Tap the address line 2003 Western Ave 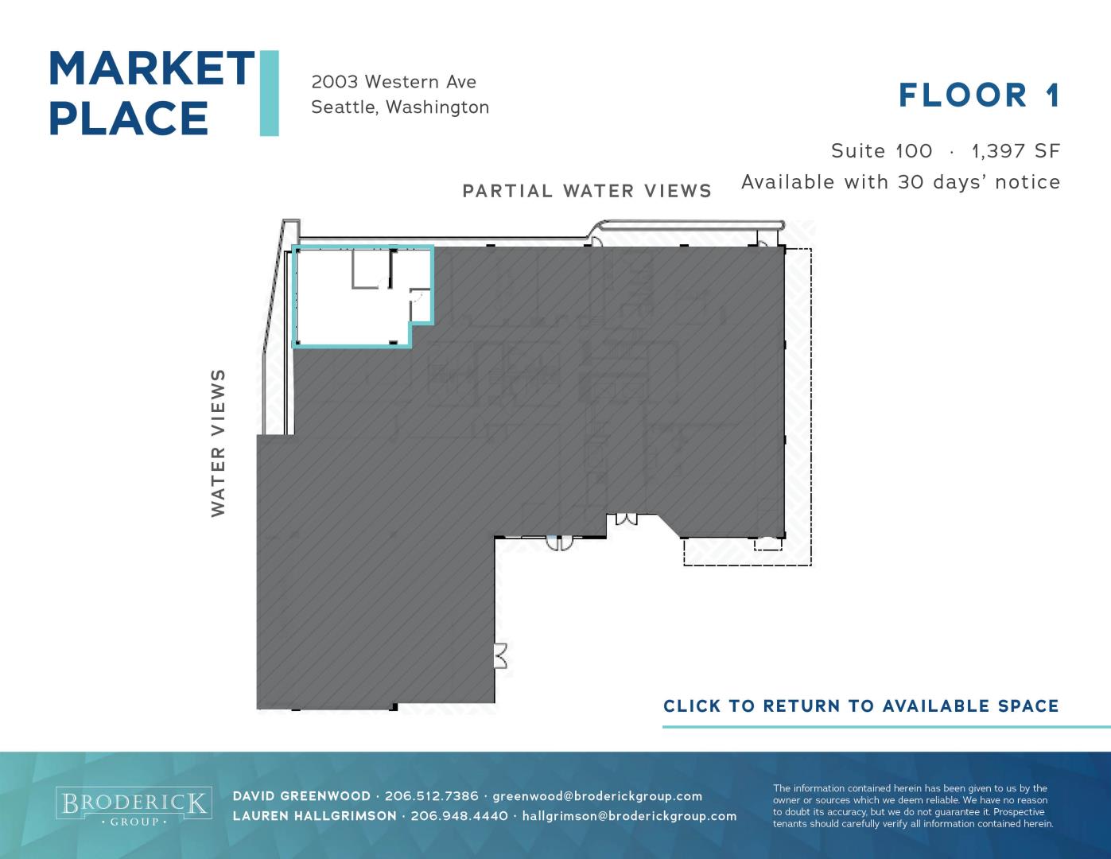394,81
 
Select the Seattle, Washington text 400,107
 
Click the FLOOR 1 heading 978,95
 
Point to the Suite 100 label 881,151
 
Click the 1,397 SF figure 1016,151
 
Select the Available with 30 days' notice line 901,182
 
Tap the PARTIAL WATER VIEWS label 587,191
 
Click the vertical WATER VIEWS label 218,443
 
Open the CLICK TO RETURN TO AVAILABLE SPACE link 861,706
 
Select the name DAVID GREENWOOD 301,796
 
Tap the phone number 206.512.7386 432,796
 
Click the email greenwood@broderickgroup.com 597,797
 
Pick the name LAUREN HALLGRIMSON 314,816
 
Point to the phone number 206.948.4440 459,816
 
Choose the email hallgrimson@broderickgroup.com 629,817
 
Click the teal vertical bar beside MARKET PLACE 269,93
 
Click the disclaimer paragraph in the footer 913,807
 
